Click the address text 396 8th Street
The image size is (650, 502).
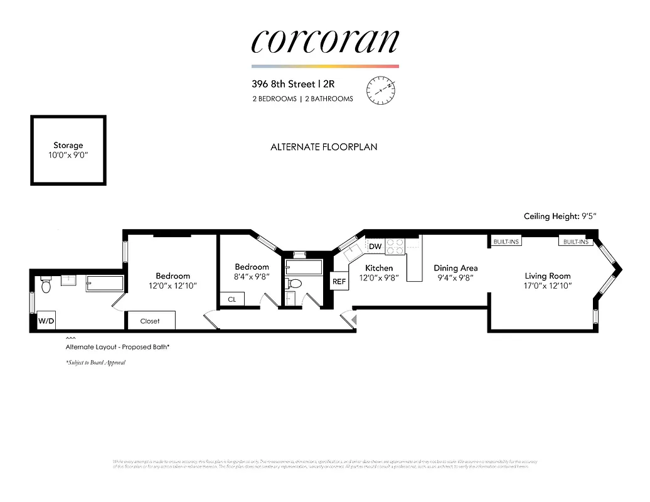284,83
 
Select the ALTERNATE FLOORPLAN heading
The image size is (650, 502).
324,147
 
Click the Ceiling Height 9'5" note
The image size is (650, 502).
560,216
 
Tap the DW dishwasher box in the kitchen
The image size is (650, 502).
375,247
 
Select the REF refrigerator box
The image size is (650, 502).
339,282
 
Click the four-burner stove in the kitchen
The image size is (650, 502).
395,246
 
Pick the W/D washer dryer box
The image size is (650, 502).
47,321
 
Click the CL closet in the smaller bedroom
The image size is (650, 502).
232,300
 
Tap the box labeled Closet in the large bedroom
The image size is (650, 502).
150,321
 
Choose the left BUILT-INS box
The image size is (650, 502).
506,242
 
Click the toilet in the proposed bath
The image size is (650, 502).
45,286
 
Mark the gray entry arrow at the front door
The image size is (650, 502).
353,320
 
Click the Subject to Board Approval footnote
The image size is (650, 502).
95,363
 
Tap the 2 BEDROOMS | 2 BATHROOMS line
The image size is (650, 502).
302,99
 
